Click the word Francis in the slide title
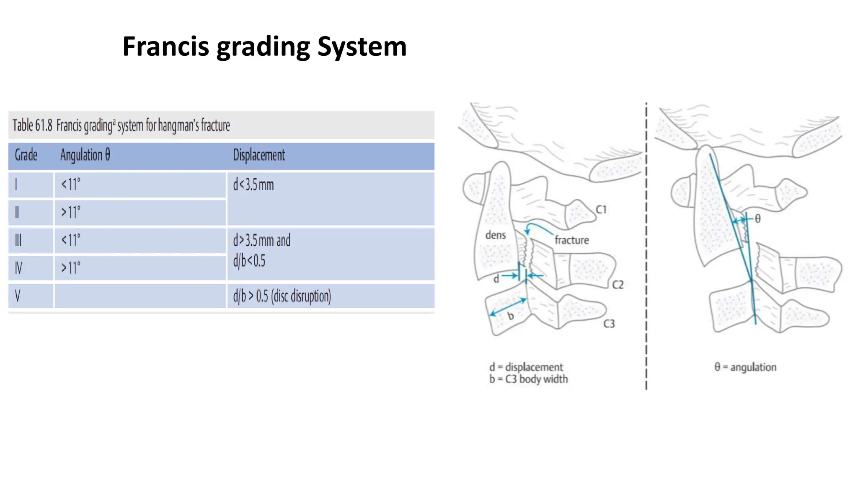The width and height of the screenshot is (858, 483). pos(165,46)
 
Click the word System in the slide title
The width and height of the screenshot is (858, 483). pos(362,47)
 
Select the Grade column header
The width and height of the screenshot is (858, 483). pos(26,155)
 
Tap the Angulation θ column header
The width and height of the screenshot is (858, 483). pos(85,155)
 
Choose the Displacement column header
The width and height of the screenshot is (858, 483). pos(259,155)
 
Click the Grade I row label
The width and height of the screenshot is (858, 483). pos(17,184)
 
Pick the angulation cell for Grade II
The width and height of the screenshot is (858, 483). pos(70,212)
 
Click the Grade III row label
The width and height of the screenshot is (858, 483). pos(18,240)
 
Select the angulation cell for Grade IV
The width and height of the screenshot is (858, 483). pos(70,268)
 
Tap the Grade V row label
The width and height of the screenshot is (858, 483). pos(18,296)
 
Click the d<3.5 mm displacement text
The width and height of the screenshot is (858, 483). pos(253,184)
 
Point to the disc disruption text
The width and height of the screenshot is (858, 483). pos(301,296)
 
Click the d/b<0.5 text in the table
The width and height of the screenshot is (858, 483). pos(249,261)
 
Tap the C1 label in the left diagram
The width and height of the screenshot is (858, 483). pos(601,210)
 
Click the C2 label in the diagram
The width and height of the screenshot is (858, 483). pos(618,285)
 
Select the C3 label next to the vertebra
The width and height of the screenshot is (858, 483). pos(609,324)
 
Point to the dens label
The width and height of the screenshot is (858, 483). pos(495,235)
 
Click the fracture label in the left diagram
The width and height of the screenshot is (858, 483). pos(571,240)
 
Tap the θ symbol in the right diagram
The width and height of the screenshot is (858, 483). pos(757,218)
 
